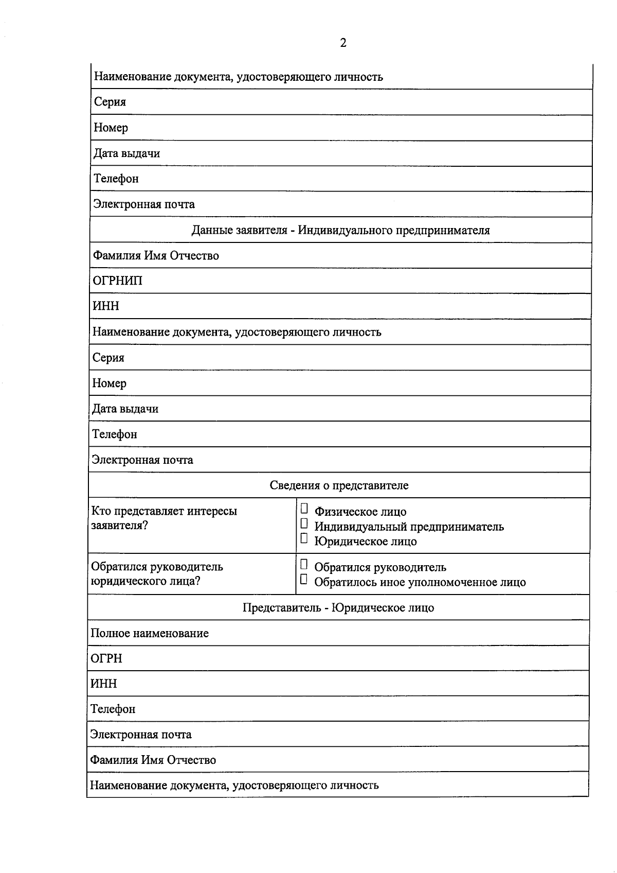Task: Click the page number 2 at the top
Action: (343, 43)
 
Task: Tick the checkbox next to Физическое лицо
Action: (304, 509)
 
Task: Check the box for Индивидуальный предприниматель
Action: (304, 524)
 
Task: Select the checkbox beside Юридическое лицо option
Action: (304, 539)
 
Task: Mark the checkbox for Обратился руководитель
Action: (304, 565)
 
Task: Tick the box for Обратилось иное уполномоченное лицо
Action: (304, 580)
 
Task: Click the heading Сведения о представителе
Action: (339, 485)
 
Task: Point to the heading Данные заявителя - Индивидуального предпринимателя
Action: (340, 230)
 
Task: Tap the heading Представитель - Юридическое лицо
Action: (338, 608)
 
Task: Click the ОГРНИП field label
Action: (117, 281)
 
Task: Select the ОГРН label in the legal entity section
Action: (106, 659)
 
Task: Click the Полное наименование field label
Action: (150, 634)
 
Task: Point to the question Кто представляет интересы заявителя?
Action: (164, 518)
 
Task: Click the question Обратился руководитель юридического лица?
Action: (157, 574)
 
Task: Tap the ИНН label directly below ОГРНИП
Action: (105, 306)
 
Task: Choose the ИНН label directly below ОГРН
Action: (104, 684)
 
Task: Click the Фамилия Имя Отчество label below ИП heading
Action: (155, 256)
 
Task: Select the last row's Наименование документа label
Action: (234, 785)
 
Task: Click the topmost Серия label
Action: (110, 102)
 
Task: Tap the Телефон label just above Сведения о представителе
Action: (114, 434)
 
